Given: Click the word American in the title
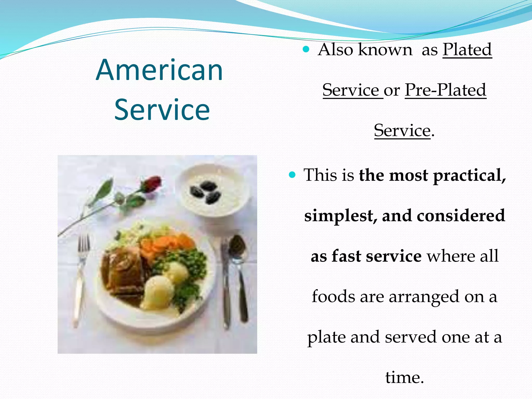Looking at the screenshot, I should click(x=159, y=70).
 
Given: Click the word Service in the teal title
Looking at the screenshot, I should click(x=162, y=110).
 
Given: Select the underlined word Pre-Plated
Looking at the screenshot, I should click(x=445, y=90).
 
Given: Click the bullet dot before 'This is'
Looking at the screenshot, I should click(x=292, y=175).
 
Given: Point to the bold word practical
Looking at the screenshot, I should click(x=469, y=176).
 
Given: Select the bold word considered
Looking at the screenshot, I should click(x=461, y=215).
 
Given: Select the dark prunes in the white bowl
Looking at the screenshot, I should click(x=205, y=192).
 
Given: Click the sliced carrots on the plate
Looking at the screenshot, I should click(x=166, y=244).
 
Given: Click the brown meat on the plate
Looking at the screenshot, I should click(x=122, y=273).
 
